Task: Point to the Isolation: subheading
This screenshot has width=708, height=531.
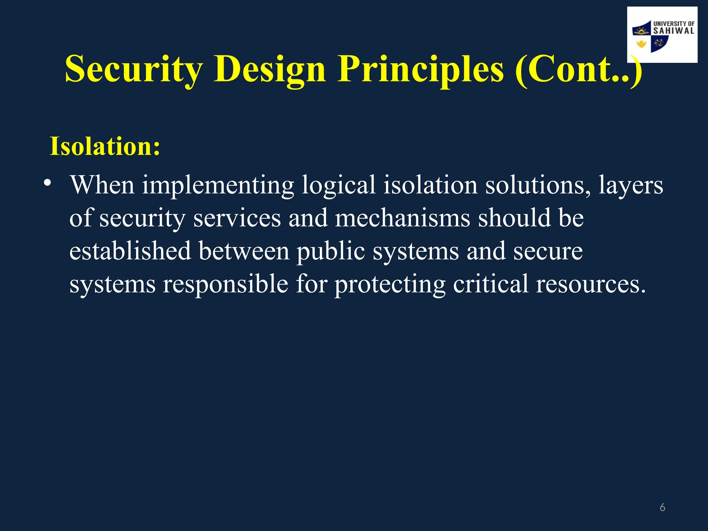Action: (x=105, y=147)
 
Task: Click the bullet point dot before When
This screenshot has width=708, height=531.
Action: (x=47, y=183)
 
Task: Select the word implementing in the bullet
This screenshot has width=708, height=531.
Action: (x=218, y=185)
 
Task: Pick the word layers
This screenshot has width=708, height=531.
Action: (x=631, y=185)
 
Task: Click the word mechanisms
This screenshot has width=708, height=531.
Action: (x=402, y=218)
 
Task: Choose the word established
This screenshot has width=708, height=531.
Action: (x=130, y=251)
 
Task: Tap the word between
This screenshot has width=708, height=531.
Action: (x=244, y=251)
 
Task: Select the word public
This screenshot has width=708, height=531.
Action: (x=330, y=251)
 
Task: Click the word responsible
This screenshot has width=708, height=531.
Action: (x=225, y=284)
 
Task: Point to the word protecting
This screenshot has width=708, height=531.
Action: (x=390, y=284)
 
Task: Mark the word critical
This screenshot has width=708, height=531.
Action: (x=490, y=284)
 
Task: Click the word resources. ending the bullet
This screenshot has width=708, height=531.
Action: (x=590, y=284)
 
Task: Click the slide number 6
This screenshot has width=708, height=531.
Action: (x=662, y=507)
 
